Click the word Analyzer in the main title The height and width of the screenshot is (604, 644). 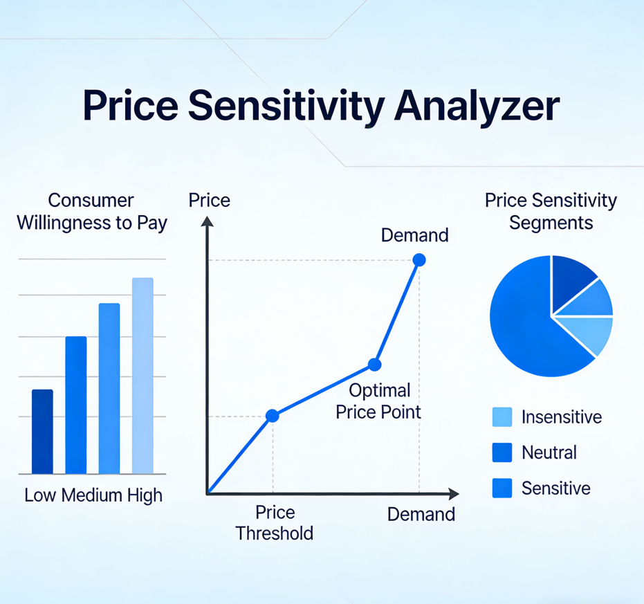point(477,107)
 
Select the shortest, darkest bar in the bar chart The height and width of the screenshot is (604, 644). point(42,432)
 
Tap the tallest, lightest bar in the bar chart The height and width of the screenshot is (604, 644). point(142,376)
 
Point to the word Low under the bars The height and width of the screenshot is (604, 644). point(40,495)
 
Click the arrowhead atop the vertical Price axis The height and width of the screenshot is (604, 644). point(208,222)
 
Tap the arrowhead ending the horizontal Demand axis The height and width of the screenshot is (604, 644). point(454,494)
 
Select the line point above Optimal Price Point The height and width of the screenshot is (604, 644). point(375,365)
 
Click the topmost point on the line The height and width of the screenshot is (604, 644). point(419,259)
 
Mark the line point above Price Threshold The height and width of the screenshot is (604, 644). point(273,416)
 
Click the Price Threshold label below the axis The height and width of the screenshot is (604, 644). point(275,522)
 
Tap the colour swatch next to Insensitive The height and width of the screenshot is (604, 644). point(502,417)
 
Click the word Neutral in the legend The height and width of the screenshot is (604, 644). point(549,452)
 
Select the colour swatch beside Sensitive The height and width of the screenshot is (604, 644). point(502,488)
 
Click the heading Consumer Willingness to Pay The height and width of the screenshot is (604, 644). point(92,212)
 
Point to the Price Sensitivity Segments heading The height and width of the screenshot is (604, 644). point(551,211)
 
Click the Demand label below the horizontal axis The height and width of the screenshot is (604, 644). point(421,514)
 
